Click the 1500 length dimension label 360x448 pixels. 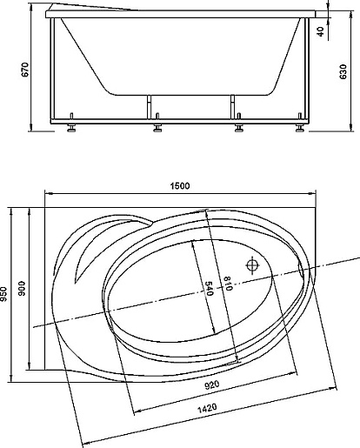[180, 186]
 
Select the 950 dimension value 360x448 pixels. [3, 294]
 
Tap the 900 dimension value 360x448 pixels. [22, 288]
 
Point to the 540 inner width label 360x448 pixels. [209, 289]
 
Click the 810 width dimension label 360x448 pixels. [228, 283]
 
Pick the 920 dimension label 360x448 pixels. [212, 385]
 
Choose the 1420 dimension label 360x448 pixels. [207, 408]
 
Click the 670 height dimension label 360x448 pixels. [25, 70]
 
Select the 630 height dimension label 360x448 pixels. [343, 71]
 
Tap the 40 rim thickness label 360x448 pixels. [320, 31]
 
